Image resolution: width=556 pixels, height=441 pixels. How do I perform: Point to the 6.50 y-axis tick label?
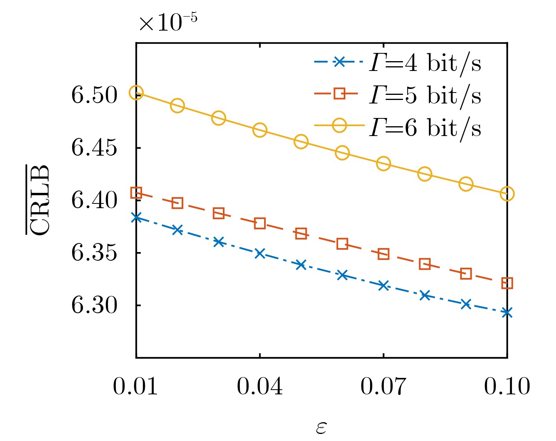click(94, 95)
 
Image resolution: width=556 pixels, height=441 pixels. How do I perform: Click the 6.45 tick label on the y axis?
click(94, 148)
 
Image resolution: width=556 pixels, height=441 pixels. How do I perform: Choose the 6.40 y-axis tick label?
click(94, 201)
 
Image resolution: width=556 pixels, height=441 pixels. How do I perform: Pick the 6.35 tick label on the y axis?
click(94, 253)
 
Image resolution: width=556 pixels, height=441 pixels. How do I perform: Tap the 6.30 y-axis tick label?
click(94, 305)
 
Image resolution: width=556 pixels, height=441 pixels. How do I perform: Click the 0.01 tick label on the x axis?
click(135, 387)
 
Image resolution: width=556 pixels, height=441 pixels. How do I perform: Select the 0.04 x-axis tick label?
click(259, 387)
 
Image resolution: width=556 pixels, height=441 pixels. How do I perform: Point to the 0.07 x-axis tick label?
click(383, 387)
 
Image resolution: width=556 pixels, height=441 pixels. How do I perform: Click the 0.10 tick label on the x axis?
click(507, 387)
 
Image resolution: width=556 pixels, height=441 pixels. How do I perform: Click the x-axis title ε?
click(321, 428)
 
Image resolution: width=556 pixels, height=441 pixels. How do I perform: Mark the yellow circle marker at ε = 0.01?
click(136, 93)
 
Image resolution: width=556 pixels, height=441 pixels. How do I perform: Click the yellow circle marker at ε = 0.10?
click(507, 194)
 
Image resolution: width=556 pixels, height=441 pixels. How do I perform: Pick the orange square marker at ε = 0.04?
click(260, 223)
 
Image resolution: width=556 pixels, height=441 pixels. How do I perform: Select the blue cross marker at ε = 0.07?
click(383, 285)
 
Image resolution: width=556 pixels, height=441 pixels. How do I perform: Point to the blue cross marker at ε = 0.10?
click(507, 312)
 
